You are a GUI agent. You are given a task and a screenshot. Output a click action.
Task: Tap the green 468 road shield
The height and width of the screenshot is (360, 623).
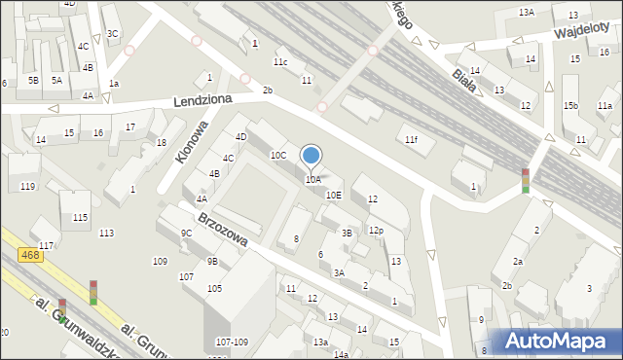pos(29,255)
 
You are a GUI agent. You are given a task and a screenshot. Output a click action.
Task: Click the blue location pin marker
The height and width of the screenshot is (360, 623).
pos(311,156)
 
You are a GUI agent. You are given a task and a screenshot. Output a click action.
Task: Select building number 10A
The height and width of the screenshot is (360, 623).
pos(312,180)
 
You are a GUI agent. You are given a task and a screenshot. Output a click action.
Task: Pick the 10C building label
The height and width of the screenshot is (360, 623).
pos(277,155)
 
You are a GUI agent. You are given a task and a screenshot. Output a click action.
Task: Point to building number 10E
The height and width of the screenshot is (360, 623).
pos(333,195)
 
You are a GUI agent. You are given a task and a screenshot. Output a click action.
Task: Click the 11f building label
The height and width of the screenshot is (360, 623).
pos(411,140)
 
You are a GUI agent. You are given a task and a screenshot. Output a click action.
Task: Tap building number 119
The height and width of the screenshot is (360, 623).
pos(27,186)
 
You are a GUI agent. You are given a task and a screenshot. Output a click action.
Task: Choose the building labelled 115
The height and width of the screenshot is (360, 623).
pos(80,217)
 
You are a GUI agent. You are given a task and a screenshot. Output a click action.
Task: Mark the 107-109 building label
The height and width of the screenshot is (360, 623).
pos(232,342)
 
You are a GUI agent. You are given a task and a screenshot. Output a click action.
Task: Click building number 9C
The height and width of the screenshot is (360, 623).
pos(186,234)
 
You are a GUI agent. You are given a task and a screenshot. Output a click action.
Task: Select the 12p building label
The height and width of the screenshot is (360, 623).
pos(376,230)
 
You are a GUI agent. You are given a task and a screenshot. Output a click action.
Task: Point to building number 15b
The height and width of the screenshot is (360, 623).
pos(571,105)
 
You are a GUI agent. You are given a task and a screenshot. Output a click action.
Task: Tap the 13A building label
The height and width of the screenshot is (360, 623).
pos(527,12)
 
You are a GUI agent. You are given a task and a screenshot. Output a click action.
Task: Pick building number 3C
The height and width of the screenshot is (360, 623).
pos(113,34)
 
